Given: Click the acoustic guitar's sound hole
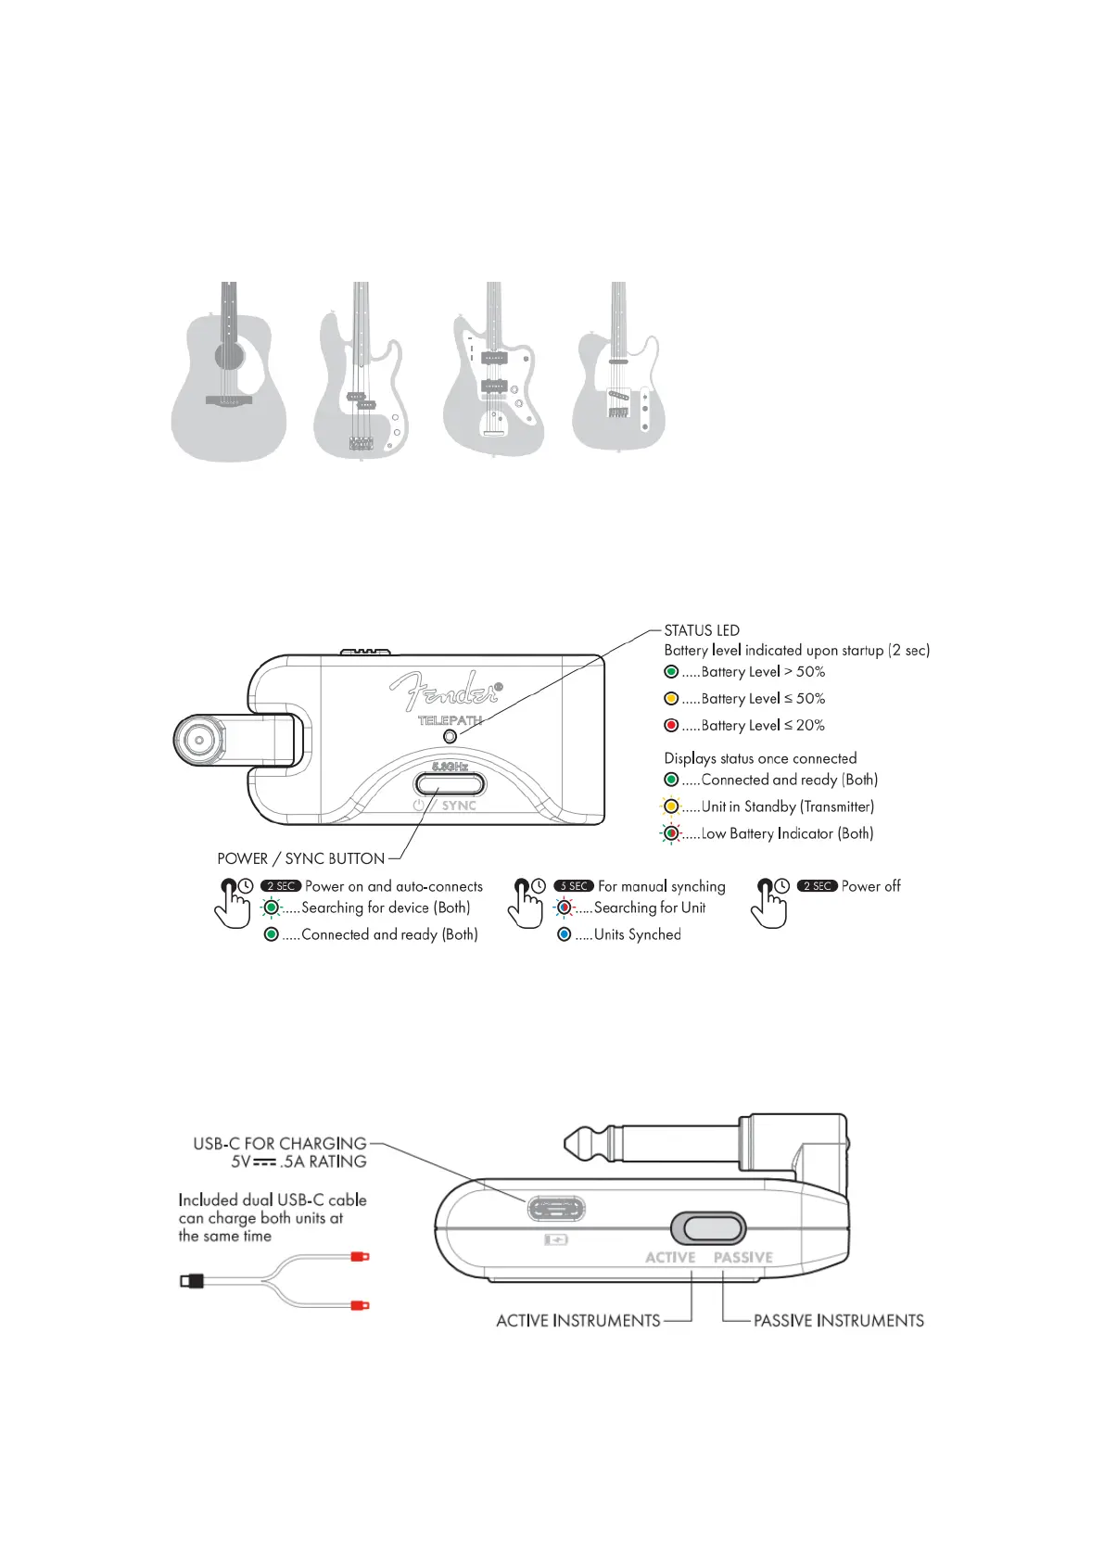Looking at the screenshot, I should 229,355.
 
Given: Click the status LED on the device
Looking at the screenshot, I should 450,736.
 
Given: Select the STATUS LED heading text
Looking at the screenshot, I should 702,630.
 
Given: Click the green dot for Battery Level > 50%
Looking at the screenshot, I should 671,672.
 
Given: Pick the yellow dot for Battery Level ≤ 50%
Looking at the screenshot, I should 671,699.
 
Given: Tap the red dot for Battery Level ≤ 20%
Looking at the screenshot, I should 671,726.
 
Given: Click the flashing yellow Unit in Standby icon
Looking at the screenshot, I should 671,806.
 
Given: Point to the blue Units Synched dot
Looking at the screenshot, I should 564,934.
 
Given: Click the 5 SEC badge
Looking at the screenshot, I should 574,886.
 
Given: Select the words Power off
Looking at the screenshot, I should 870,886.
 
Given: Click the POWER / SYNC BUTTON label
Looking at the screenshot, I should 300,859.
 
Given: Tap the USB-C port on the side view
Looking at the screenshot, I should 556,1209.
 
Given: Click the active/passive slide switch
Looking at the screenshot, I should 708,1228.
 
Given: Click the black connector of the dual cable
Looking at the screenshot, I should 191,1281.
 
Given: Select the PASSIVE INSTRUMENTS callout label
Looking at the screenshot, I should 838,1321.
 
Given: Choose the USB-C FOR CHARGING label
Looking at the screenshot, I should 280,1144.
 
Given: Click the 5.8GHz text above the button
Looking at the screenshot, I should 450,767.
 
